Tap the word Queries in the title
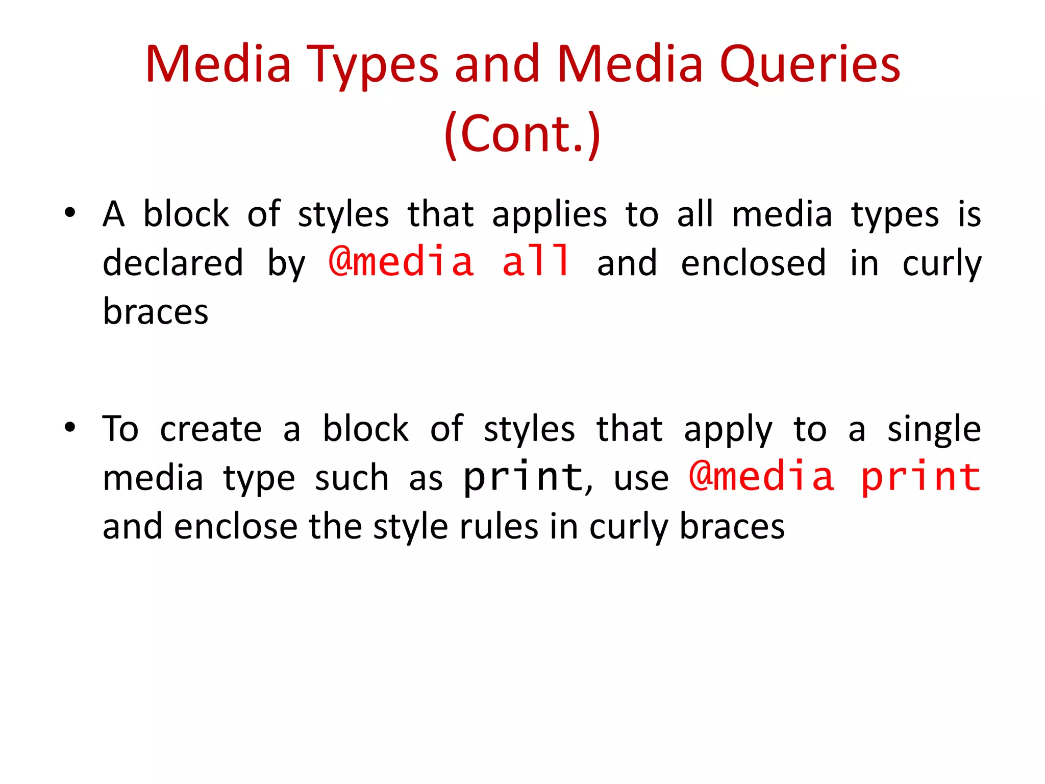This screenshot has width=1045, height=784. click(x=810, y=65)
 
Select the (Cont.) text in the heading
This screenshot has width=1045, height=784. click(x=522, y=134)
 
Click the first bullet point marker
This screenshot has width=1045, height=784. click(x=70, y=212)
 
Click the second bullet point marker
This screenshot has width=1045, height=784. click(x=70, y=427)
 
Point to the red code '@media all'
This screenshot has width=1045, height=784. click(x=449, y=261)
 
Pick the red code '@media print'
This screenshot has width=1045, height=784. click(x=834, y=477)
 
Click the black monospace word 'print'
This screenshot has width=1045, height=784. click(x=522, y=478)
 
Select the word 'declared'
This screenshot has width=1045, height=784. click(x=173, y=263)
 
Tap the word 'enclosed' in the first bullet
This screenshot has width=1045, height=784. click(x=753, y=263)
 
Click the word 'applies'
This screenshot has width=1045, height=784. click(x=550, y=215)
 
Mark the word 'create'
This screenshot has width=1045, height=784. click(x=211, y=429)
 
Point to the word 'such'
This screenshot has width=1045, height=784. click(x=352, y=479)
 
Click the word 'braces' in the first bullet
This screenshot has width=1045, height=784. click(x=156, y=311)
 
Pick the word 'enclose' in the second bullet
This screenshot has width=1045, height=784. click(x=236, y=527)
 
